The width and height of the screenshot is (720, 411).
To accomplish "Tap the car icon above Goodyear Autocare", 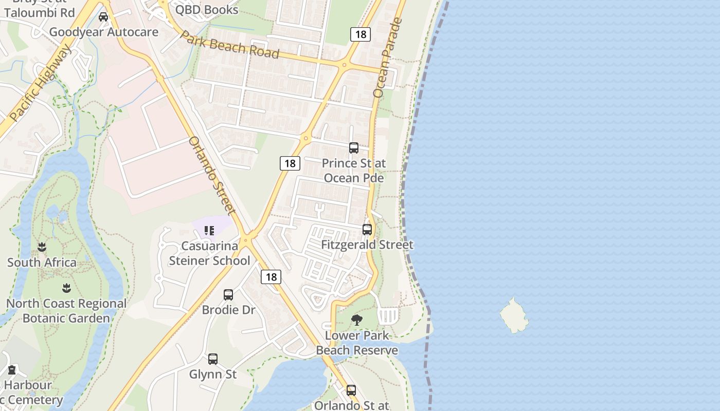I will [x=103, y=17].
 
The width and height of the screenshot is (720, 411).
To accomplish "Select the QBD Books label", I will [x=207, y=10].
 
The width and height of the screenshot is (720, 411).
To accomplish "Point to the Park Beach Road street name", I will [x=230, y=45].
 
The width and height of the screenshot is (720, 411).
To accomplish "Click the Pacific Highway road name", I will [x=41, y=83].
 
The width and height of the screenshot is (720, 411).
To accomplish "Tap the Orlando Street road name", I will [x=212, y=175].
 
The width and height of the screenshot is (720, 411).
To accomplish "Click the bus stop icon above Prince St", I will [x=354, y=148].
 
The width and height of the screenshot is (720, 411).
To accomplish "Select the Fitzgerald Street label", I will [x=367, y=245].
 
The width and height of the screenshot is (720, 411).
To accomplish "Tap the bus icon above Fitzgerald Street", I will [x=367, y=230].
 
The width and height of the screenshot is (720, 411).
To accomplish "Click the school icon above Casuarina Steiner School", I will [x=209, y=231].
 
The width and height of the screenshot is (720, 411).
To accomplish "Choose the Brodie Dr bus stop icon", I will [x=228, y=295].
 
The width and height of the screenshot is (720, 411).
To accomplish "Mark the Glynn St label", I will [x=213, y=374].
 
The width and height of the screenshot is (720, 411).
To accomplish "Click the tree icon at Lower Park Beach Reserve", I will [x=357, y=321].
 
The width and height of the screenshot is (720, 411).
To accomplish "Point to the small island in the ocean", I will [x=514, y=315].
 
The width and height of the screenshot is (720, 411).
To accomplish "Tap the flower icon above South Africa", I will [x=42, y=247].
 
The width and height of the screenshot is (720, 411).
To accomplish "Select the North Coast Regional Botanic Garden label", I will [x=66, y=311].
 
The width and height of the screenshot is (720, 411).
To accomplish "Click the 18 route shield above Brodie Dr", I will [x=271, y=277].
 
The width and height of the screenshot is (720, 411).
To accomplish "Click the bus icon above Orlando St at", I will [x=351, y=390].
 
